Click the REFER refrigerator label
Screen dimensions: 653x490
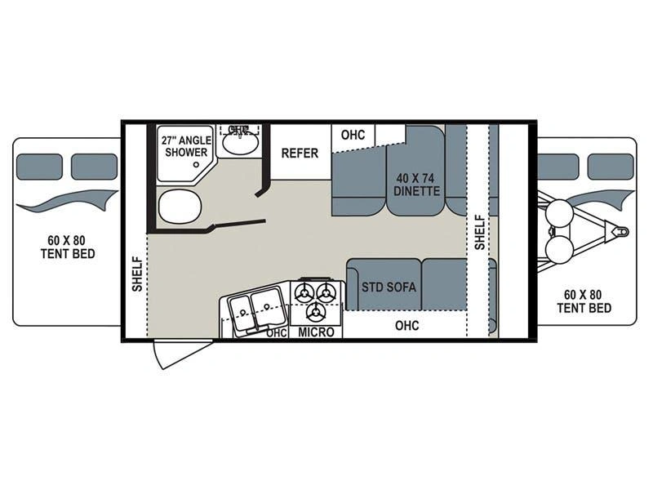coord(300,154)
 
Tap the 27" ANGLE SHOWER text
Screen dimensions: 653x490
coord(186,146)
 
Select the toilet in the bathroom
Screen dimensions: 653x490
coord(180,207)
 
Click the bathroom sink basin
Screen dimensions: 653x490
coord(239,145)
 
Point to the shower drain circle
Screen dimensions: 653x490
coord(196,165)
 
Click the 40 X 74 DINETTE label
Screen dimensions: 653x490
coord(416,185)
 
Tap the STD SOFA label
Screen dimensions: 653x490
coord(389,287)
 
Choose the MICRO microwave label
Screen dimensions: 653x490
coord(316,332)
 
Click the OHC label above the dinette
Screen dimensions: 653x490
coord(353,135)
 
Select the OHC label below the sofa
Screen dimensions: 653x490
coord(406,325)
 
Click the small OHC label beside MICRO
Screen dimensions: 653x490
coord(277,333)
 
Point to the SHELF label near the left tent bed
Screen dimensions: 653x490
coord(137,274)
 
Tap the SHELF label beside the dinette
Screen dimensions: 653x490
coord(480,232)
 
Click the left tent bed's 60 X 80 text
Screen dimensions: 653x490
coord(66,240)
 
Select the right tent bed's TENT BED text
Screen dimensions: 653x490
coord(584,309)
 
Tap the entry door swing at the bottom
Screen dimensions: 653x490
coord(181,354)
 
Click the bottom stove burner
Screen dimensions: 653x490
coord(316,312)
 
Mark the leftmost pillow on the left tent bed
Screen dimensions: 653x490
coord(39,167)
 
